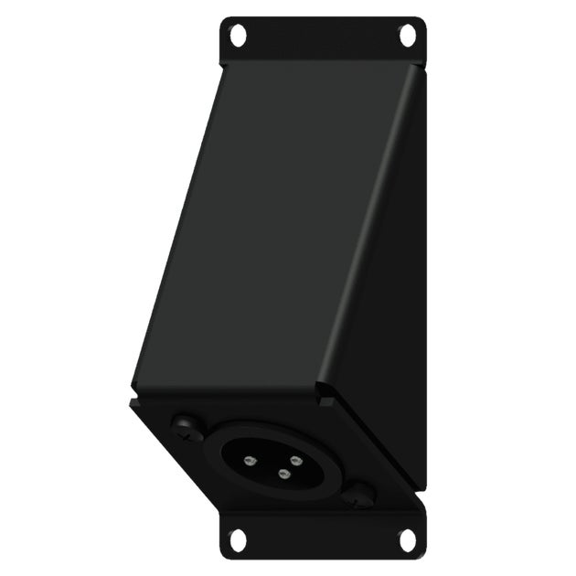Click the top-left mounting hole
[x=238, y=36]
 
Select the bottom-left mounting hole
[x=238, y=540]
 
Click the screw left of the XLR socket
[x=187, y=426]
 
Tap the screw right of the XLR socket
[x=358, y=496]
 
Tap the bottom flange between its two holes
[x=322, y=541]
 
